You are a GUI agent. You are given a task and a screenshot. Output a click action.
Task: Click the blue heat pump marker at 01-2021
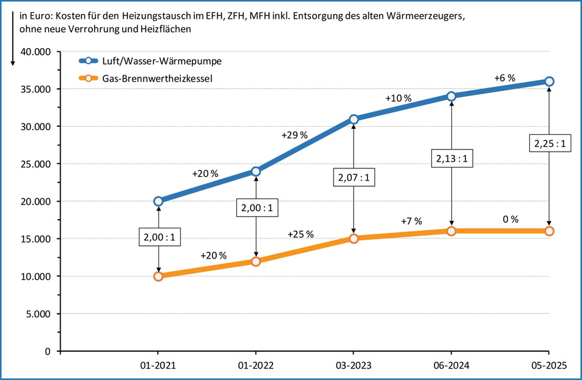point(158,201)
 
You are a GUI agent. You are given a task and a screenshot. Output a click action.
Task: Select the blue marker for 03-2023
point(353,119)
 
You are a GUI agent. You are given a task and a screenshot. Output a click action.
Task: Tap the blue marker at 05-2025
point(549,81)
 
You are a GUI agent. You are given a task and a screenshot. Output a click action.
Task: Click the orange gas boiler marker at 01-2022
point(256,261)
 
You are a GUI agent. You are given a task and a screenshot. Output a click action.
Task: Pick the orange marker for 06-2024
point(451,231)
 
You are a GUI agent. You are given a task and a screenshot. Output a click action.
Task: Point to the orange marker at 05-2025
point(549,231)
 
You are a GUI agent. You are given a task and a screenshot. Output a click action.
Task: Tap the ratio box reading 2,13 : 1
point(451,159)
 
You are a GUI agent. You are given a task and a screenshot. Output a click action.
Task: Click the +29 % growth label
point(294,136)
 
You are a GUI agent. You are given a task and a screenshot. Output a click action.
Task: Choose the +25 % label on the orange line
point(301,234)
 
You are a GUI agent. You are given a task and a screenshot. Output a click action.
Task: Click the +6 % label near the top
point(505,78)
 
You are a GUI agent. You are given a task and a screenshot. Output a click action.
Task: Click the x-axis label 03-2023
point(353,365)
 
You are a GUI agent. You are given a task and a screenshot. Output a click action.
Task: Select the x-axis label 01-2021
point(158,365)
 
